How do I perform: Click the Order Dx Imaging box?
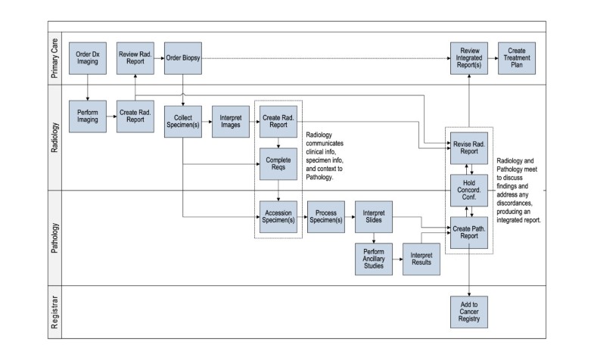88,58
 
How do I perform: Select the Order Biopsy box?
183,58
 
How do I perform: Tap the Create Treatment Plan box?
516,58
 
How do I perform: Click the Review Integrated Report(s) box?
468,58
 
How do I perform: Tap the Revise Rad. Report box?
468,146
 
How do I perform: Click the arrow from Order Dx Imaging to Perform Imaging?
88,87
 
